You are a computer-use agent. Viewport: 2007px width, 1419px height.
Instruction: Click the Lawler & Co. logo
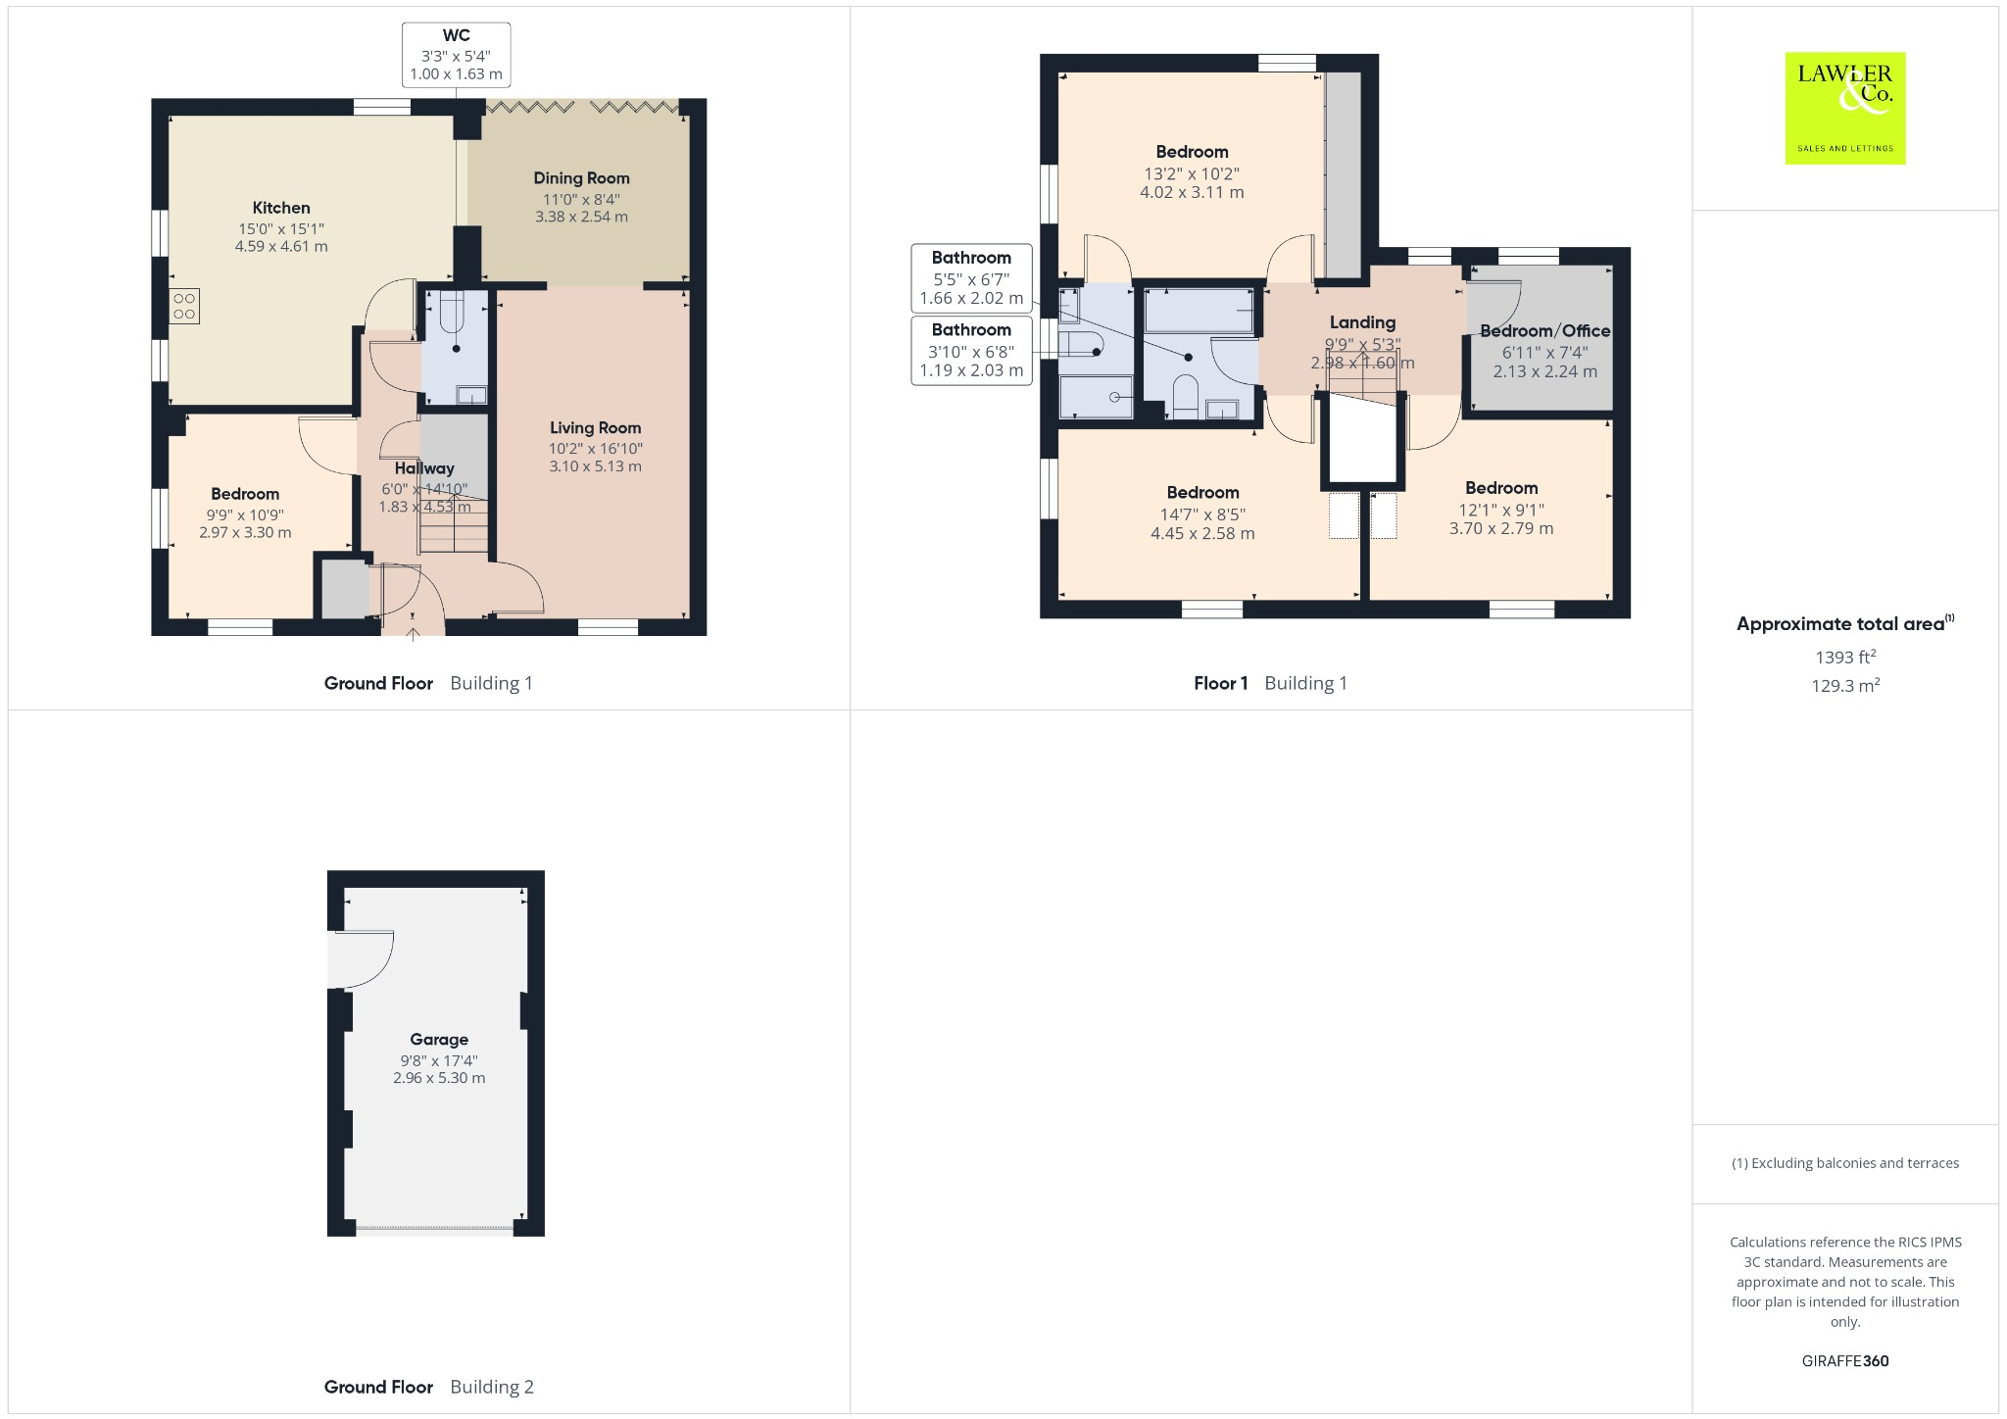tap(1845, 108)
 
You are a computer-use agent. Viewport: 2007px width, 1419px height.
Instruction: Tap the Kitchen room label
tap(281, 208)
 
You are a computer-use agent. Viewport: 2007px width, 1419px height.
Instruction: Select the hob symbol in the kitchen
tap(184, 306)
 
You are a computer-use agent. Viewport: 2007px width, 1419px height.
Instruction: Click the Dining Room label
tap(581, 178)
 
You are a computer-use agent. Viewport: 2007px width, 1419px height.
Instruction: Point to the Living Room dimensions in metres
tap(595, 466)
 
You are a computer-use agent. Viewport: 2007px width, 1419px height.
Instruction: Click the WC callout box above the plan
tap(456, 55)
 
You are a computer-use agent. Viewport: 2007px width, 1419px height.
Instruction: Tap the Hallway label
tap(424, 468)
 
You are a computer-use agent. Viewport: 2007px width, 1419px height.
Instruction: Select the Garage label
tap(439, 1040)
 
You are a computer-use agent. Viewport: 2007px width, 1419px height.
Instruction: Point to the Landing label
tap(1362, 322)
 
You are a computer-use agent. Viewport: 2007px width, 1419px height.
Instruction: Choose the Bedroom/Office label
tap(1544, 331)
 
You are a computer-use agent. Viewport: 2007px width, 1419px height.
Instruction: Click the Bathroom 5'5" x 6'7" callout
tap(971, 277)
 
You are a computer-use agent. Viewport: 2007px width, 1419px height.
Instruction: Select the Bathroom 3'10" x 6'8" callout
tap(971, 350)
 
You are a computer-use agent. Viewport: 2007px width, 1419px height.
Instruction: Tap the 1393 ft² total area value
tap(1845, 657)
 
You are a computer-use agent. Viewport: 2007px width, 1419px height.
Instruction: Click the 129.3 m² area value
tap(1845, 686)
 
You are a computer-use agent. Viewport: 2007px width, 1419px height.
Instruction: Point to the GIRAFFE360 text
tap(1845, 1360)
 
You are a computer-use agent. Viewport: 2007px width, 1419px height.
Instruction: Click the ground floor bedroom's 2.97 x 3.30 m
tap(245, 533)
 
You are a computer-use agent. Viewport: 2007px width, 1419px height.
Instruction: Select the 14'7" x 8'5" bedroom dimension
tap(1202, 514)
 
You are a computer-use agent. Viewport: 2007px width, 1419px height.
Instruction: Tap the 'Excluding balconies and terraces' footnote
tap(1845, 1163)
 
